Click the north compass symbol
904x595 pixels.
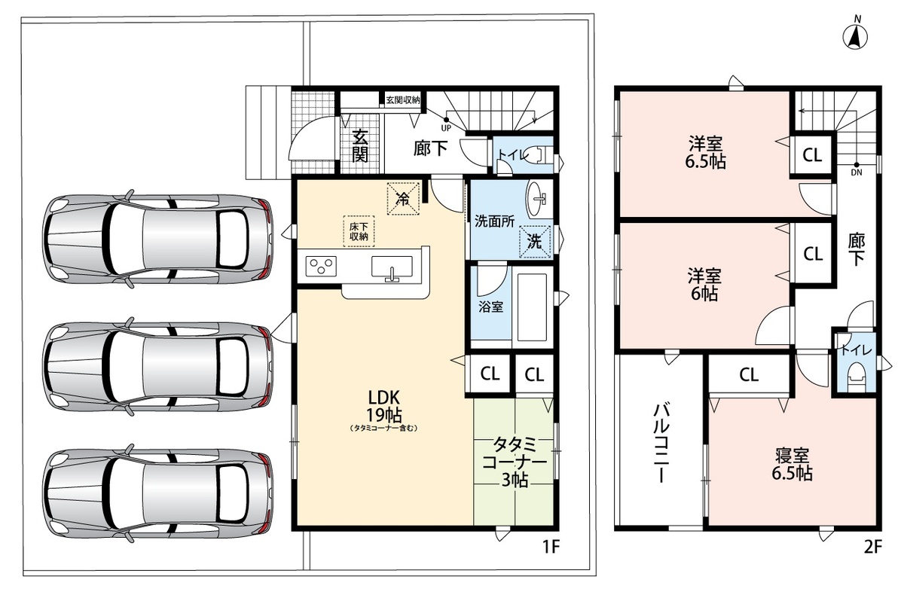pyautogui.click(x=855, y=38)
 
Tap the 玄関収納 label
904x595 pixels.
pyautogui.click(x=403, y=99)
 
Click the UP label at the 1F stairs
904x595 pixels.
pyautogui.click(x=446, y=128)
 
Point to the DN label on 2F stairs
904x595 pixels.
pyautogui.click(x=857, y=172)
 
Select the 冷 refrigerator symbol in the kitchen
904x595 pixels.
pyautogui.click(x=403, y=199)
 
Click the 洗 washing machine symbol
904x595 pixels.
pyautogui.click(x=535, y=241)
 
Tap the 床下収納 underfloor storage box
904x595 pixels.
pyautogui.click(x=359, y=231)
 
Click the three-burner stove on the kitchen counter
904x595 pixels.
pyautogui.click(x=321, y=266)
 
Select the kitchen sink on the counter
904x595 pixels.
pyautogui.click(x=392, y=268)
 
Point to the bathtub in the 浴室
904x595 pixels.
pyautogui.click(x=532, y=307)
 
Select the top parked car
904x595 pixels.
pyautogui.click(x=157, y=239)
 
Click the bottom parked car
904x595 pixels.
pyautogui.click(x=157, y=493)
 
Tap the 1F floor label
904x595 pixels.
pyautogui.click(x=551, y=547)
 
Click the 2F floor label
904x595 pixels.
pyautogui.click(x=872, y=547)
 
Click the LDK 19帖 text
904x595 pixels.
pyautogui.click(x=383, y=406)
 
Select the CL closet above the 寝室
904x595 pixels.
pyautogui.click(x=749, y=375)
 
